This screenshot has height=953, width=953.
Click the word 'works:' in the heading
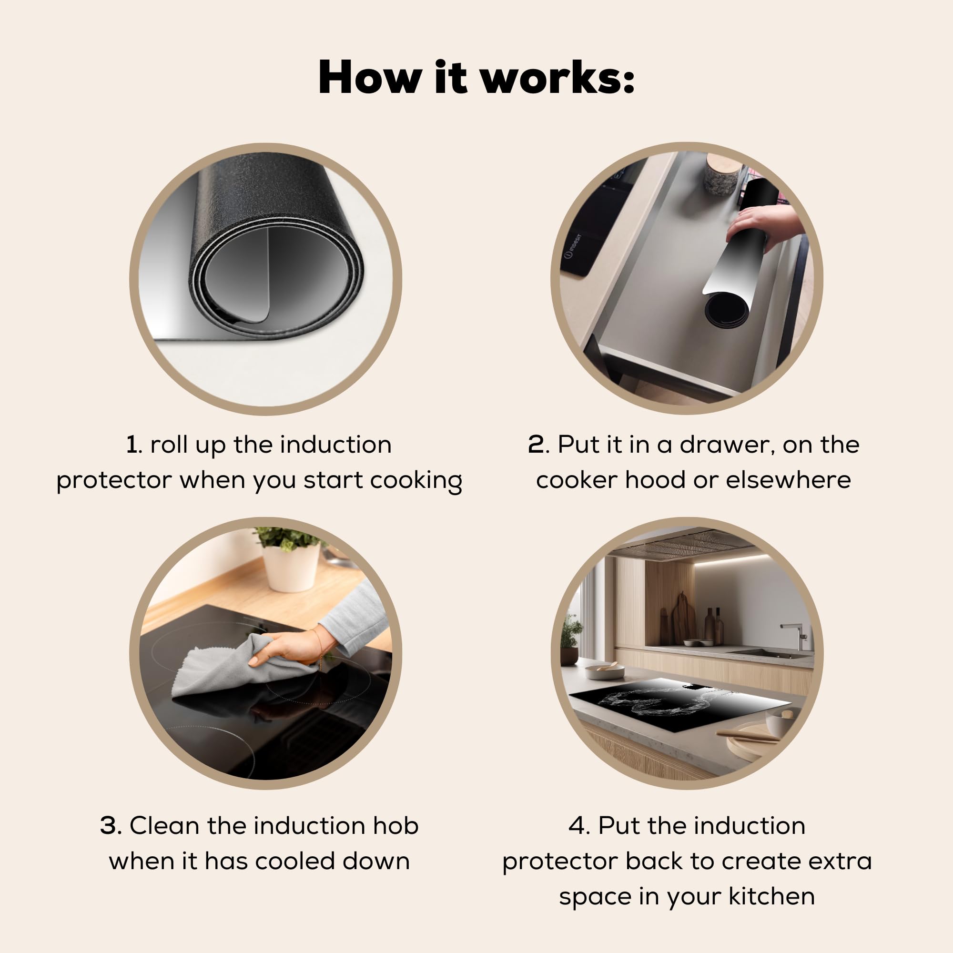coord(558,78)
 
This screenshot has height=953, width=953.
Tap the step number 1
coord(132,445)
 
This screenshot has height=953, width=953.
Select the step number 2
coord(536,445)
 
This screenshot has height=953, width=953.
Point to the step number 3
coord(109,825)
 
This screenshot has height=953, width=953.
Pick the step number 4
coord(577,825)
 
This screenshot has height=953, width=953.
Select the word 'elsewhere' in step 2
coord(788,480)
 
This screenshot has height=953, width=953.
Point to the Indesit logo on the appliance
coord(573,246)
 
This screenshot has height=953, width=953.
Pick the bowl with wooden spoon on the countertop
coord(605,670)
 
